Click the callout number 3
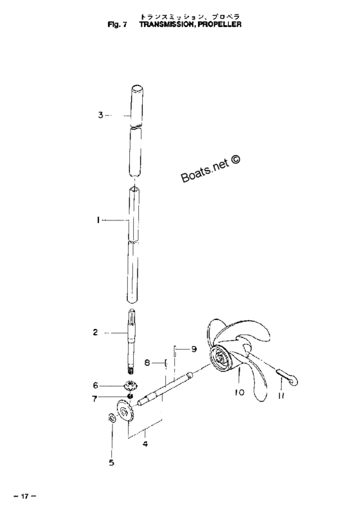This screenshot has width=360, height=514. coord(100,115)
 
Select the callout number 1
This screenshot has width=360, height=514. coord(98,220)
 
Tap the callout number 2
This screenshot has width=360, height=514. coord(95,332)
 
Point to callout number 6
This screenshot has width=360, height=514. coord(95,385)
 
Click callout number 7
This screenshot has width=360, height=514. coord(94,399)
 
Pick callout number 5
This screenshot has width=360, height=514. coord(111,463)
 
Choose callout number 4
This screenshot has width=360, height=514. coord(145,444)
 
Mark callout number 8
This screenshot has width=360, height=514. coord(147,362)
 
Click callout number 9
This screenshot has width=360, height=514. coord(194,349)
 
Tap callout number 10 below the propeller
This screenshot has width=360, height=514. coord(240,392)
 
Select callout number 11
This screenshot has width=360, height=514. coord(281,396)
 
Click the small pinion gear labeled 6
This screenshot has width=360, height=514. coord(131,385)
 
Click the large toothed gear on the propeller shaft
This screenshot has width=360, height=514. coord(125,412)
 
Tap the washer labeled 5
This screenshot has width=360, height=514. coord(111,418)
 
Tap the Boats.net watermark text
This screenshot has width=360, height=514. coord(210,168)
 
